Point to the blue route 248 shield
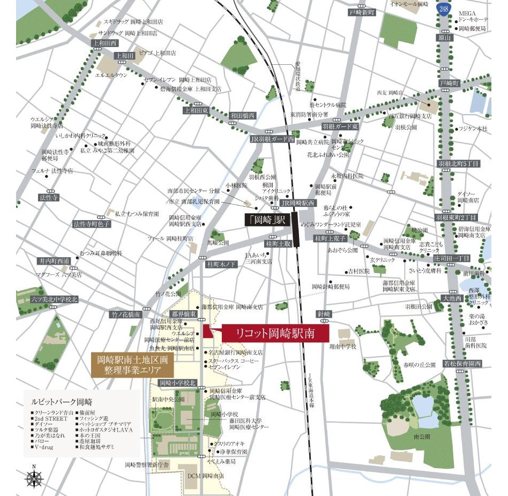(x=443, y=9)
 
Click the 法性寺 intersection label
(x=49, y=198)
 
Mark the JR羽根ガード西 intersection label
(x=273, y=139)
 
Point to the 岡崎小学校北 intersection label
(x=178, y=383)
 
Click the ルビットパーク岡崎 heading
(x=55, y=401)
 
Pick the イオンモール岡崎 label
(x=409, y=4)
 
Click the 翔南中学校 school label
(x=343, y=347)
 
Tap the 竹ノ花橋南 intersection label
(x=126, y=314)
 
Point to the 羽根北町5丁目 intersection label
(x=458, y=163)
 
